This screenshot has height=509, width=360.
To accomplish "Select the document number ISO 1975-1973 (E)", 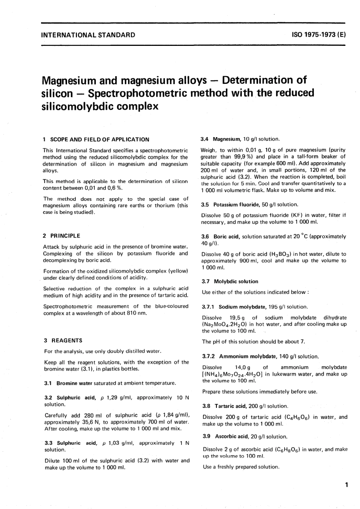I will click(319, 35).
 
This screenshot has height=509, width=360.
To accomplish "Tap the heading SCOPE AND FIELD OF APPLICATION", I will click(100, 139).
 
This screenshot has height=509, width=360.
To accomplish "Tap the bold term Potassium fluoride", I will click(237, 205).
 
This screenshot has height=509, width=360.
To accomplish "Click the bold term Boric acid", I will click(227, 236).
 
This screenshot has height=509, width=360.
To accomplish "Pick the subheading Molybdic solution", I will click(236, 282).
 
